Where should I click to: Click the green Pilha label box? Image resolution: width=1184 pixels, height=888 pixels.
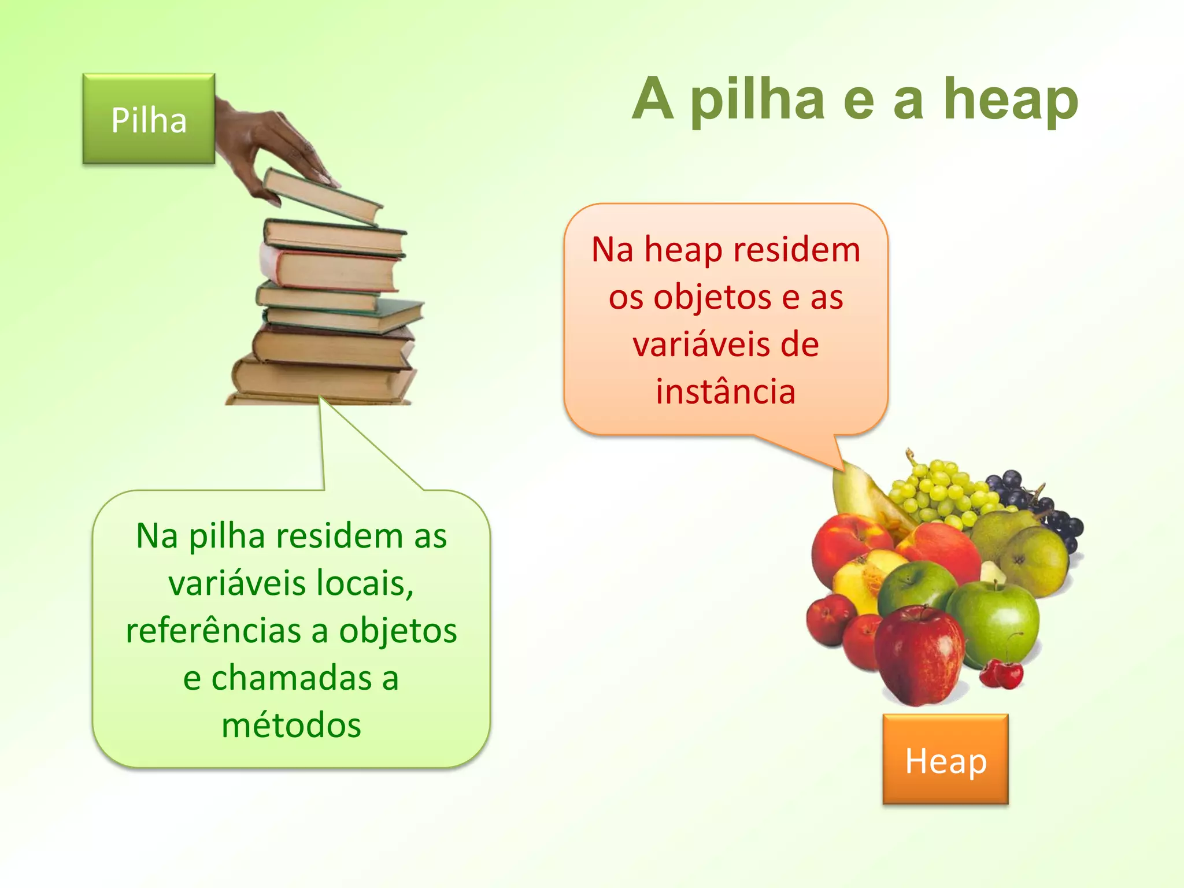pos(149,119)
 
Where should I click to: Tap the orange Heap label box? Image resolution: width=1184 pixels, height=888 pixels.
pos(945,760)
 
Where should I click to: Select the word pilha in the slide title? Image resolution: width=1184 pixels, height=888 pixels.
pos(757,99)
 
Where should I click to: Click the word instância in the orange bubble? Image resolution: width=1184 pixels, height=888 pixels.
pos(726,391)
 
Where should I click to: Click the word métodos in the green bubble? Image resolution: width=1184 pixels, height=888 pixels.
pos(291,725)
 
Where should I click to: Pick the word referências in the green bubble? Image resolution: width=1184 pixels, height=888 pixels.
pos(213,630)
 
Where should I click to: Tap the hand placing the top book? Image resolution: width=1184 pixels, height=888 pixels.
pos(272,145)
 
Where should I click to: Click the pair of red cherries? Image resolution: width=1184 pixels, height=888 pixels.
pos(1003,674)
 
